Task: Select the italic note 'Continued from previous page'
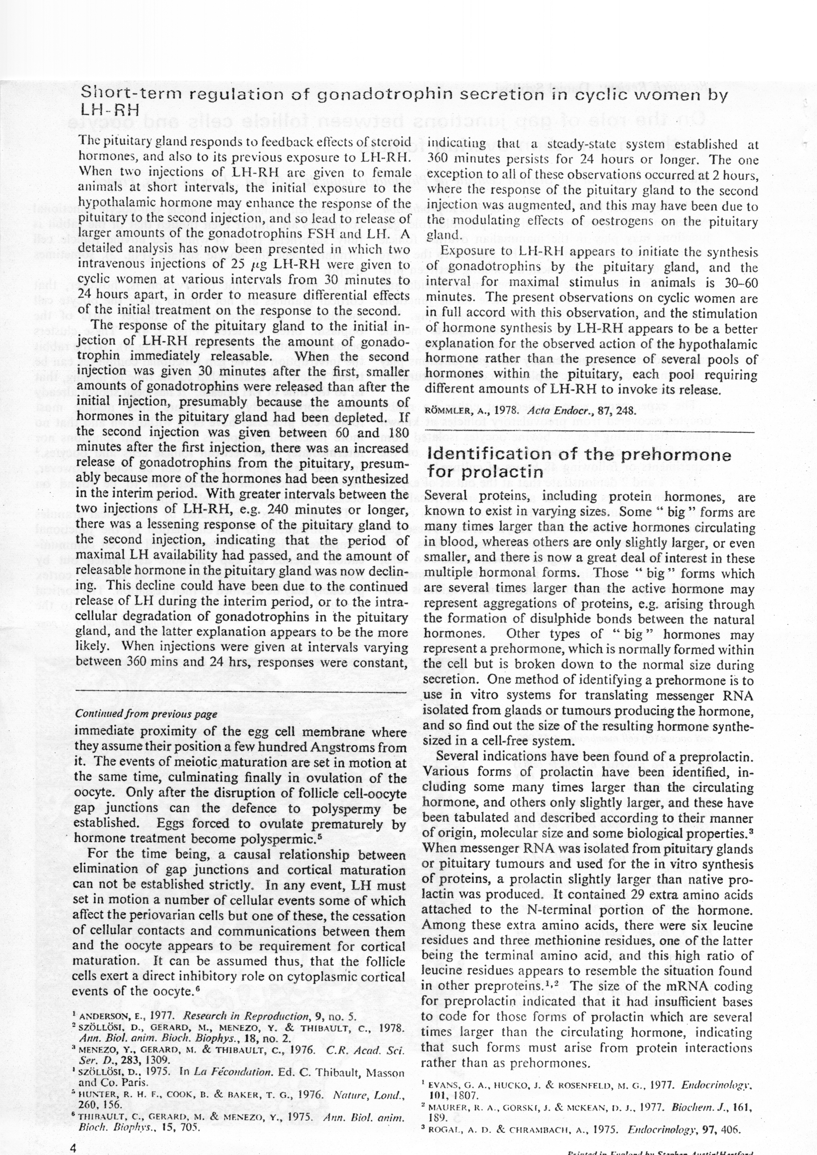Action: [x=146, y=714]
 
